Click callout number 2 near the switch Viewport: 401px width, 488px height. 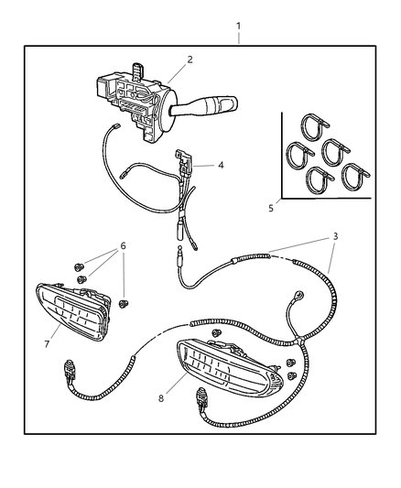click(190, 60)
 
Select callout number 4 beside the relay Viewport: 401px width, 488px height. click(219, 166)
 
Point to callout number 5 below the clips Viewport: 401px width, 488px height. click(271, 208)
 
